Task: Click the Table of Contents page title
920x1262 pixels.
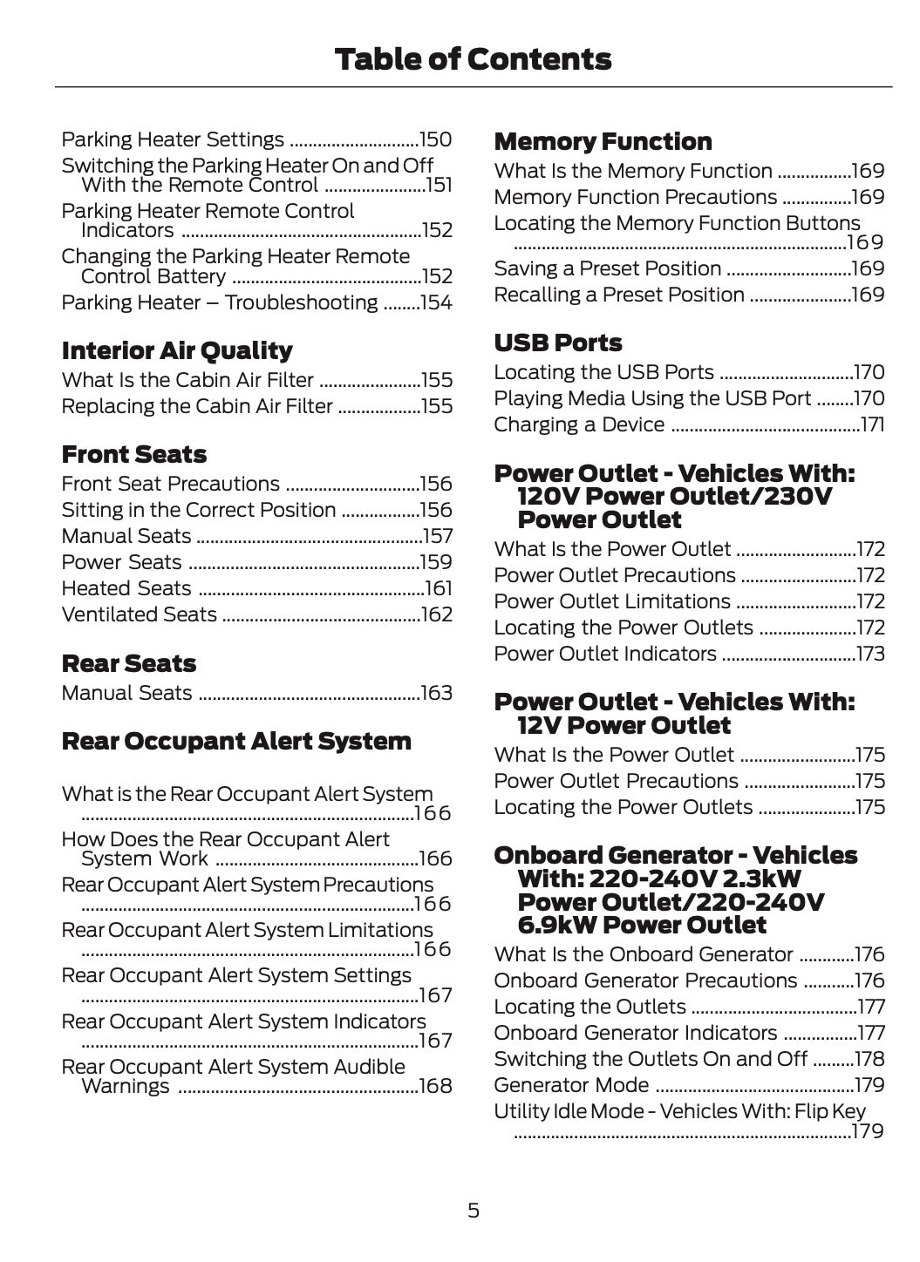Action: coord(473,59)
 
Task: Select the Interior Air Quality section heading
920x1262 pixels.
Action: coord(177,350)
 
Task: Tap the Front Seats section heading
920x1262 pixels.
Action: coord(134,454)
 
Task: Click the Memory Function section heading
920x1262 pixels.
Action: coord(603,141)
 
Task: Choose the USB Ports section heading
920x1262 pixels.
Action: coord(558,343)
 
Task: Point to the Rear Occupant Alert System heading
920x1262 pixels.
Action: coord(236,741)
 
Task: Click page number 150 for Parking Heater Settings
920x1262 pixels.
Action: coord(436,139)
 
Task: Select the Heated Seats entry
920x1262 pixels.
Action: coord(126,588)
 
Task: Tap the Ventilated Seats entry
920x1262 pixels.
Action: coord(140,614)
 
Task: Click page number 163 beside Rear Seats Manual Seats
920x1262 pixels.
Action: coord(436,693)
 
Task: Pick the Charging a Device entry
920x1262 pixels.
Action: coord(579,424)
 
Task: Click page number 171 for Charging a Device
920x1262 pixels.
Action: coord(872,424)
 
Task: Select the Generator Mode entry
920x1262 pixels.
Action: coord(571,1085)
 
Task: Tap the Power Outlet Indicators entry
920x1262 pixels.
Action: coord(605,654)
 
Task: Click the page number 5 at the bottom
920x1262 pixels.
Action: coord(473,1210)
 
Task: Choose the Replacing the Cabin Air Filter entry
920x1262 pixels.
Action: coord(197,406)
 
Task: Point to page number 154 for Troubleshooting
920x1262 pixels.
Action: coord(436,302)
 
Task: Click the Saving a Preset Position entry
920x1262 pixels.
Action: coord(608,268)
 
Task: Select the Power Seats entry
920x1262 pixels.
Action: coord(122,562)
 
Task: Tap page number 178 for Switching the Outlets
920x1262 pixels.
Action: coord(869,1059)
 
